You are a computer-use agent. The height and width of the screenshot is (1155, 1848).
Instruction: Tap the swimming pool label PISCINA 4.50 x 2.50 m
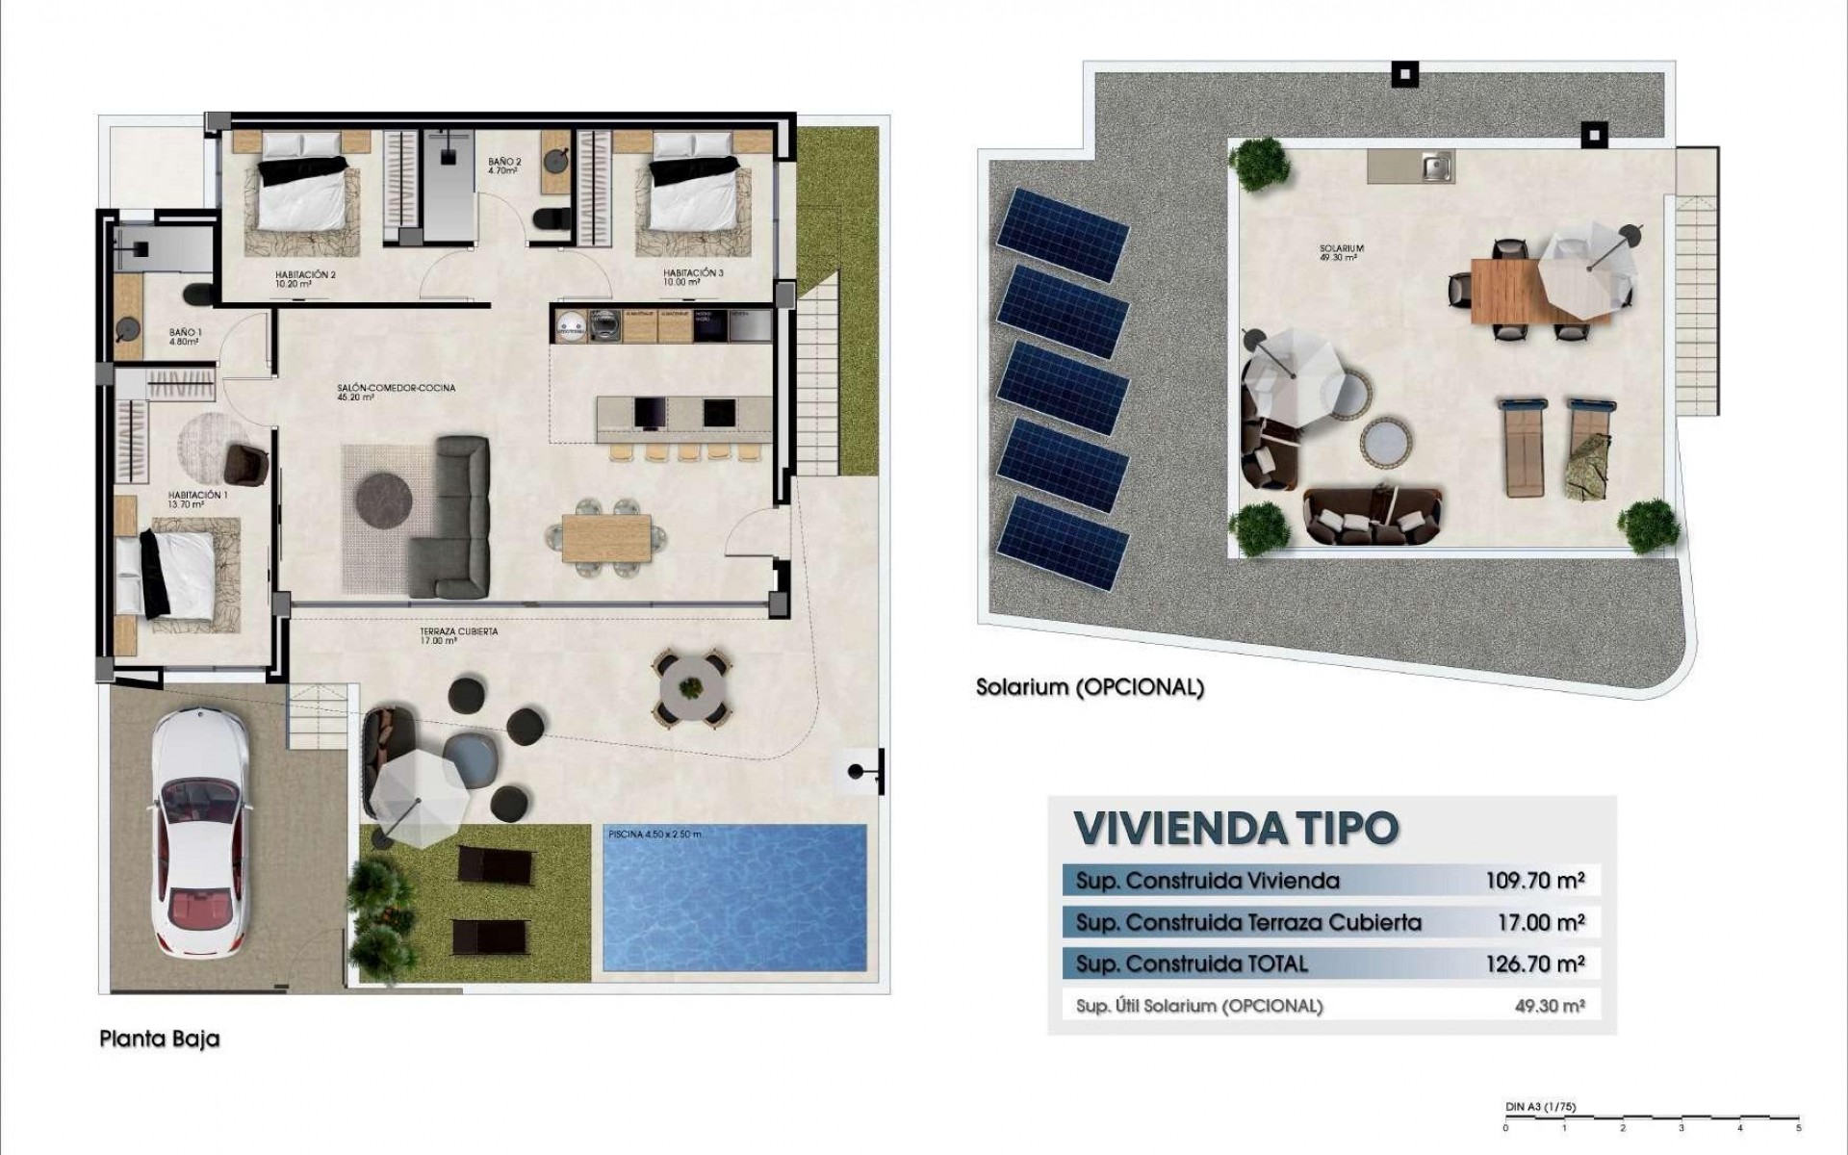pyautogui.click(x=654, y=834)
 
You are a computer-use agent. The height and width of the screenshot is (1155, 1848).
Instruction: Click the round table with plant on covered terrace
pyautogui.click(x=690, y=687)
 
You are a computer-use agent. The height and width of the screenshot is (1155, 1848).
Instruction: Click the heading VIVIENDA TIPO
pyautogui.click(x=1236, y=829)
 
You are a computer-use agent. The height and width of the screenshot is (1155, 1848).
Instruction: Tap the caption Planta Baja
pyautogui.click(x=160, y=1039)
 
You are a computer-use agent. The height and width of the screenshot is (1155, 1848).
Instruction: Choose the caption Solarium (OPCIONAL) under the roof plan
pyautogui.click(x=1090, y=688)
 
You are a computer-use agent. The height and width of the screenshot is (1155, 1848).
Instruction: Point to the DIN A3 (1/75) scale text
pyautogui.click(x=1540, y=1107)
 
